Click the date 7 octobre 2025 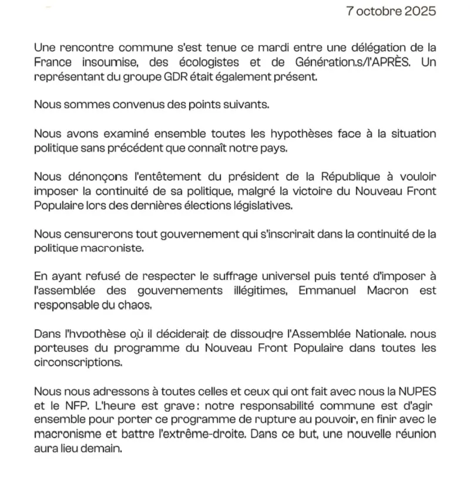[391, 11]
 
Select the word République [346, 176]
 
